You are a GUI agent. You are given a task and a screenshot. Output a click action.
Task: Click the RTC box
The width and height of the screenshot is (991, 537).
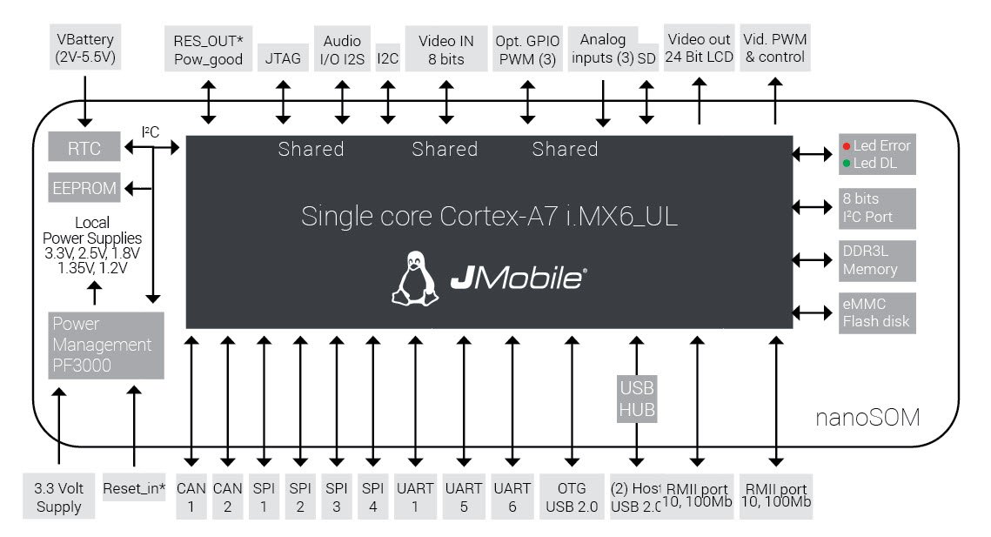point(84,149)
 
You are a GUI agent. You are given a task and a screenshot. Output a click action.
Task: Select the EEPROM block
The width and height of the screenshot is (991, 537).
point(84,187)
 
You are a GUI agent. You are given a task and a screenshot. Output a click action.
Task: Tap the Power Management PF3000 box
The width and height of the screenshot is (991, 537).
point(106,345)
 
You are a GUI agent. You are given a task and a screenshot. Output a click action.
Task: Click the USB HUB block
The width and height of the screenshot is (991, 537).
point(637,399)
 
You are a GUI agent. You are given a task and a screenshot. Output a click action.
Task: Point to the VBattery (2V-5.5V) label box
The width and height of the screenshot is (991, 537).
point(85,49)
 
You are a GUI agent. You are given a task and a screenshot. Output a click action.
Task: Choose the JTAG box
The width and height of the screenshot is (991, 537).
point(284,59)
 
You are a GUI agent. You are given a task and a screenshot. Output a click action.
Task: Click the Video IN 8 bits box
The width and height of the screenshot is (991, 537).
point(446,50)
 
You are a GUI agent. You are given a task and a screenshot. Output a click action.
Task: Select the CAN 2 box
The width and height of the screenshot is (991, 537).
point(228,497)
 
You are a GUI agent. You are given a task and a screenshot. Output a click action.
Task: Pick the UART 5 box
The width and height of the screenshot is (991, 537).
point(463,497)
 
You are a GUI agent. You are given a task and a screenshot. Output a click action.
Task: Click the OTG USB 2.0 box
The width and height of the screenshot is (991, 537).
point(571,497)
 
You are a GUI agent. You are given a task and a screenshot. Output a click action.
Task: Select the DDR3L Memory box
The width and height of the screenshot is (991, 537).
point(877,260)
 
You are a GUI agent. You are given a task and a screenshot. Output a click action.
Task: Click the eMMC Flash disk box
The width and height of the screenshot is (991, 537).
point(877,312)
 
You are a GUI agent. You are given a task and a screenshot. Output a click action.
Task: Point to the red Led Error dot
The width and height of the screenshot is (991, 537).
point(846,145)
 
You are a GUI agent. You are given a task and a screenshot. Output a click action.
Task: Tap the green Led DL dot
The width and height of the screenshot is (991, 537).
point(846,163)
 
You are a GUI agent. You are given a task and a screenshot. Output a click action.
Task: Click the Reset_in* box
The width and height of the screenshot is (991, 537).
point(134,488)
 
